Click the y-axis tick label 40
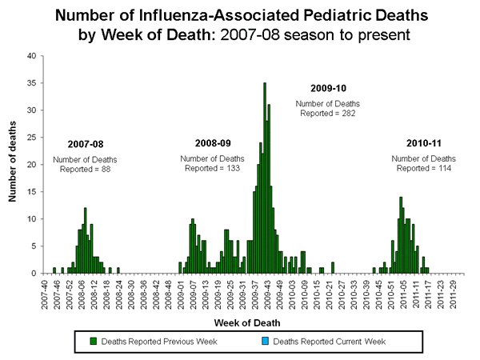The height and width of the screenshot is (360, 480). [31, 56]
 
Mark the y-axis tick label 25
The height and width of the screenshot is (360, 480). [31, 138]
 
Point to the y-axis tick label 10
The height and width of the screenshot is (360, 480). [31, 219]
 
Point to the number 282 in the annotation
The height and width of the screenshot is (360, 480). [349, 114]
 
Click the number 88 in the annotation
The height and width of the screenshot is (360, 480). [105, 168]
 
